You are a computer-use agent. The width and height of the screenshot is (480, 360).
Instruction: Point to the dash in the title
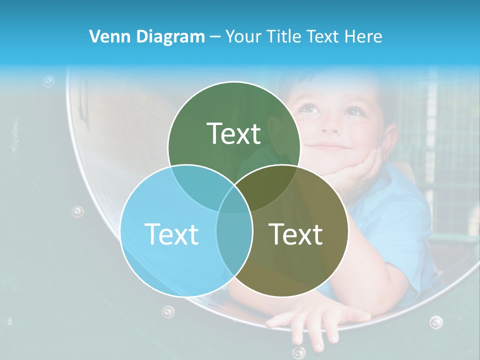(x=215, y=37)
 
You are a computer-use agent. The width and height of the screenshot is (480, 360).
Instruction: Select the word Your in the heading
(x=244, y=36)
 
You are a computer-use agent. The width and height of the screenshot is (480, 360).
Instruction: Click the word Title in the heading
(x=285, y=36)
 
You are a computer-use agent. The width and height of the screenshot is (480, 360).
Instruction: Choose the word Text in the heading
(x=325, y=36)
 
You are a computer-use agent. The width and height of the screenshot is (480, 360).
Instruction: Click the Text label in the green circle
(x=234, y=134)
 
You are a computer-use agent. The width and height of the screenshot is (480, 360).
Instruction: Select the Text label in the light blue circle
(x=171, y=234)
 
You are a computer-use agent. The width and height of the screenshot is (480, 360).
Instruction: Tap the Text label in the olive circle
(x=296, y=234)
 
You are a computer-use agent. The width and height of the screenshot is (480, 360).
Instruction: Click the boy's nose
(x=331, y=125)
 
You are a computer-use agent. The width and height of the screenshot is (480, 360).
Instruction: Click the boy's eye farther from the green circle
(x=354, y=111)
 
